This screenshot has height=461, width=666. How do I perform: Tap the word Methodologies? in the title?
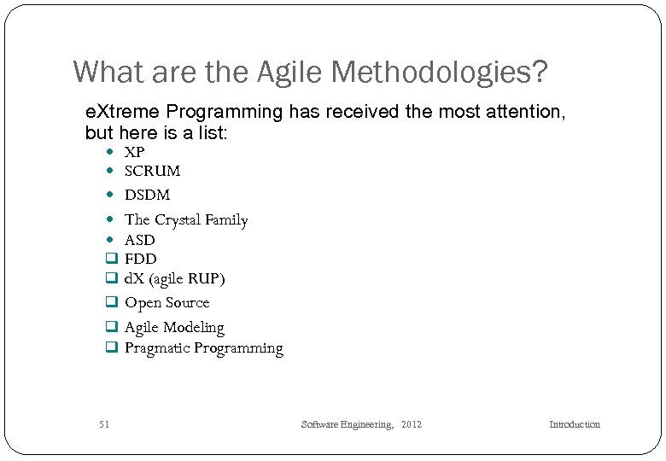pos(441,72)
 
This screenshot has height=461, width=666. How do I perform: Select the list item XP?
pos(135,152)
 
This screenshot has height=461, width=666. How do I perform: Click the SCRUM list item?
pos(152,171)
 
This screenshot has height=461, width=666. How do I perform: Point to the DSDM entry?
pos(147,195)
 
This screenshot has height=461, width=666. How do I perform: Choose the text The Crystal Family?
pos(186,220)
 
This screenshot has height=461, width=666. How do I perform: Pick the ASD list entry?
pos(140,241)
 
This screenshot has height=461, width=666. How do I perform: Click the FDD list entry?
pos(141,259)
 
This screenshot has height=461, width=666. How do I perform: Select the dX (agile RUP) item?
pos(175,279)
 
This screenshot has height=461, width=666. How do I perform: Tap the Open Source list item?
pos(166,303)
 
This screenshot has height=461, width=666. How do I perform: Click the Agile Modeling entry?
pos(174,328)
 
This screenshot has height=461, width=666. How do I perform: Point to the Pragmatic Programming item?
pos(203,348)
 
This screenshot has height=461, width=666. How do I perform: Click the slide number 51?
pos(104,424)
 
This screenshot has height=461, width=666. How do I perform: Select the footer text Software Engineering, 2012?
pos(361,424)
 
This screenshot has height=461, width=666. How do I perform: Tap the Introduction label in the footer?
pos(574,424)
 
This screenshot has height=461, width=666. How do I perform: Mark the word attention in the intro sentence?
pos(521,112)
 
